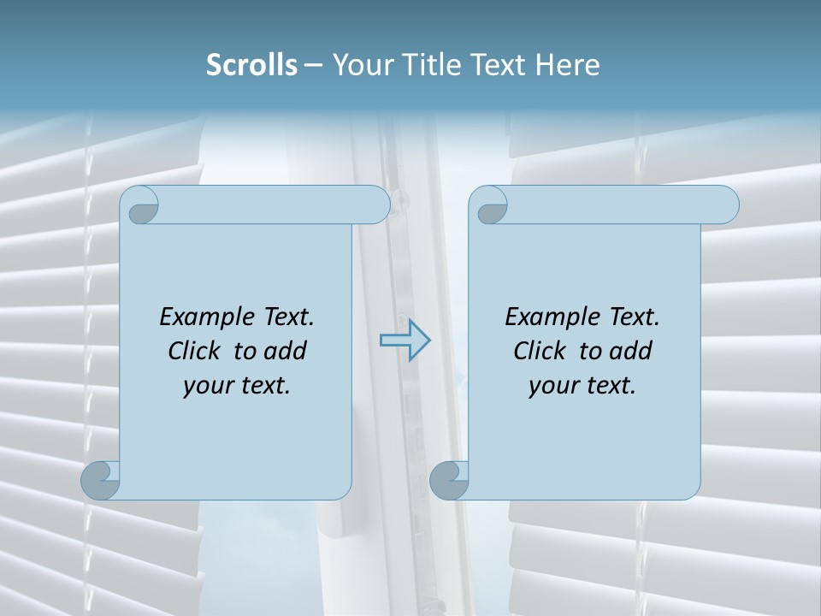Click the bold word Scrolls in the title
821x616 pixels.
point(251,65)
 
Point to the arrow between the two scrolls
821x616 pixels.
point(405,341)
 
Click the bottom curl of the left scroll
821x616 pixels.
point(100,480)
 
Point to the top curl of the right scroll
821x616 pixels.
point(491,205)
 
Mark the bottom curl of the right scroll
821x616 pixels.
point(449,480)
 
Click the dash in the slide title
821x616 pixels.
point(313,65)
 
